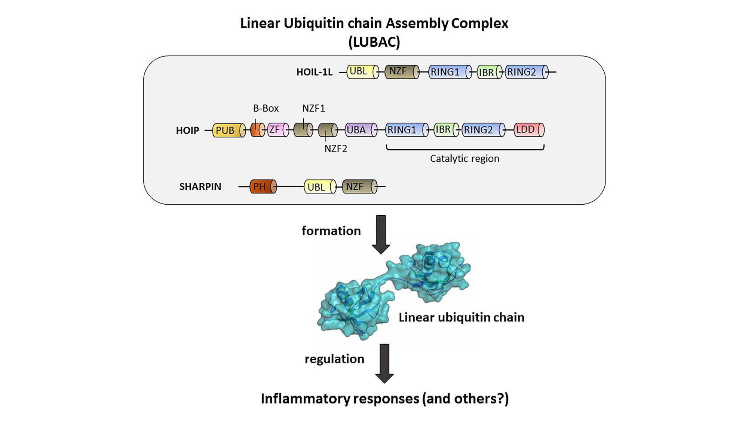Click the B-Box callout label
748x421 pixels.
coord(266,109)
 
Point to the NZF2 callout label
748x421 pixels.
coord(335,149)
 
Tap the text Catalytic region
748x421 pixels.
coord(465,159)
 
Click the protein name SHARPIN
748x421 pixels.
coord(200,187)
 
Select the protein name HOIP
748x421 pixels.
coord(187,131)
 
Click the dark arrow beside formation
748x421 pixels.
coord(381,234)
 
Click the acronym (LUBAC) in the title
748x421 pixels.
coord(374,42)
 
